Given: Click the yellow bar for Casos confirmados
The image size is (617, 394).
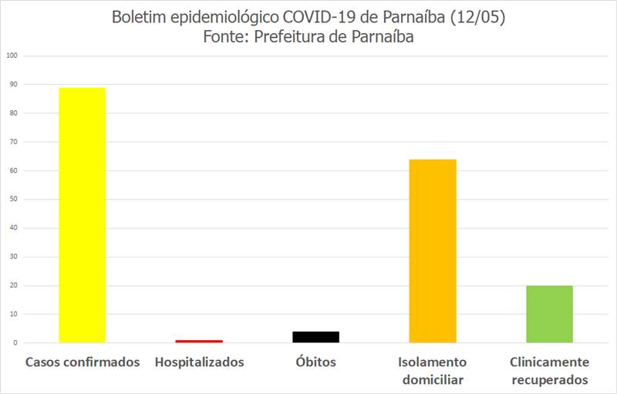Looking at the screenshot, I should point(82,215).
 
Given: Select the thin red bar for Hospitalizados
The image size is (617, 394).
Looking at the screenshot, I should point(199,341).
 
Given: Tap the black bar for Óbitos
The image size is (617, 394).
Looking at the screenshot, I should point(315,337).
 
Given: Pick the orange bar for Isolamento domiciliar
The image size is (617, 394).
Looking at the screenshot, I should point(433,251).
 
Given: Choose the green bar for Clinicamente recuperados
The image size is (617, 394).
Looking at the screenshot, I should point(549,314).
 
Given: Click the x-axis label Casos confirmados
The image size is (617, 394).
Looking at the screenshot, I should point(83,362).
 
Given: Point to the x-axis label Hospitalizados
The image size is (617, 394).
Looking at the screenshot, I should point(199,362).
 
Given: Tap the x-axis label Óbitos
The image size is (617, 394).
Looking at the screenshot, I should point(315,362).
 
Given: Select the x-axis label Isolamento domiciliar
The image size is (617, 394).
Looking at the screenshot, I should point(433,371).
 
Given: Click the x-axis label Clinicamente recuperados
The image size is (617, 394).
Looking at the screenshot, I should point(549,371).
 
